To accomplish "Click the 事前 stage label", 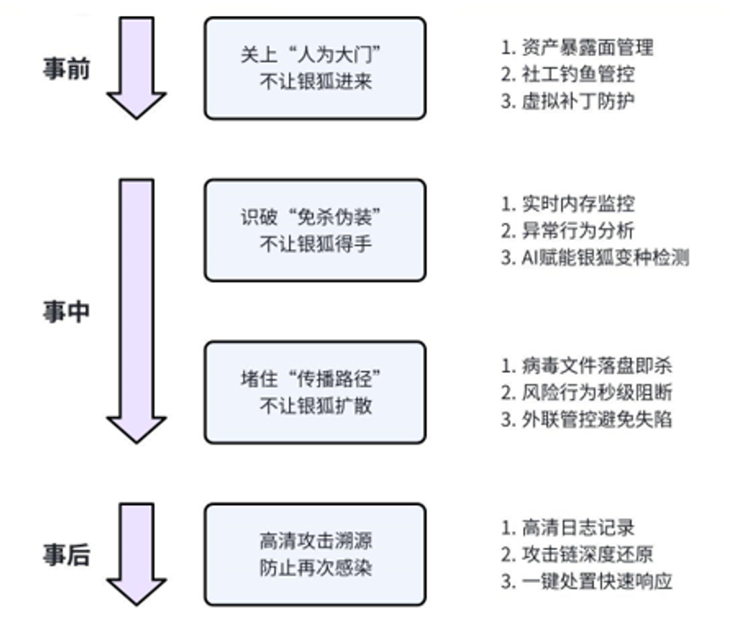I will coord(66,69).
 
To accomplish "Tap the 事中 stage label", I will coord(66,312).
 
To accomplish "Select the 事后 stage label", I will coord(66,555).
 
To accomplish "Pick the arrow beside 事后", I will coord(136,553).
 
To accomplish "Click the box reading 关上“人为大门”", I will coord(315,68).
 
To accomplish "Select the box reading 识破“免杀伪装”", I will coord(315,230).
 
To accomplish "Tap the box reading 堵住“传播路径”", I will coord(315,392).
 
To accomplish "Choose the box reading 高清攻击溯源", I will coord(315,554).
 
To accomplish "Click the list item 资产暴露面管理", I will coord(577,47).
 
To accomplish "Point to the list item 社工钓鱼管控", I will coord(568,73).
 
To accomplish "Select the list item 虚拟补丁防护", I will coord(568,100).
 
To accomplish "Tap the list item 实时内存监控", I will coord(568,204).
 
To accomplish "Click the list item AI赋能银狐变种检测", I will coord(595,257).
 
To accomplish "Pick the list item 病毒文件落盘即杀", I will coord(587,366).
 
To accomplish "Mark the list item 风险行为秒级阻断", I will coord(587,392).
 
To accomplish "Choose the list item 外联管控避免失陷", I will coord(587,419).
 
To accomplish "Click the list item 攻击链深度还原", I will coord(577,554).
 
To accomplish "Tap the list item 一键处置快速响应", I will coord(587,581).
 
